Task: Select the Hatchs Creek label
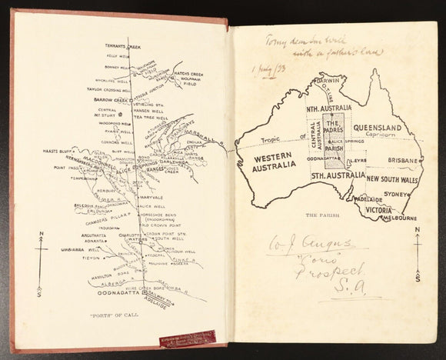187,74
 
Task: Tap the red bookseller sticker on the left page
188,337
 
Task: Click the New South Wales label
392,178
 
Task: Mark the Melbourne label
399,218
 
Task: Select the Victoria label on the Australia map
378,208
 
